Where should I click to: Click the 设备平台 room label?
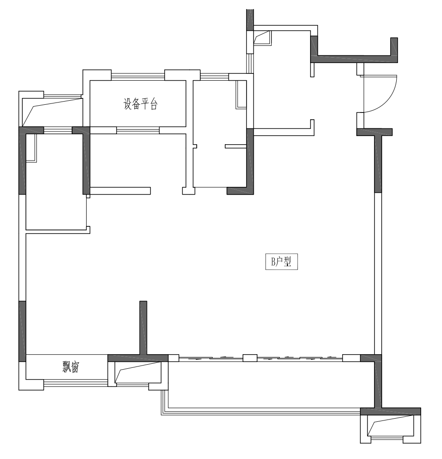tap(141, 103)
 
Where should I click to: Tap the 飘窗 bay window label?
tap(71, 367)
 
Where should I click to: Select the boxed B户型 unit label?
tap(282, 261)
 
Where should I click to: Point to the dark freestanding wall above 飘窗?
tap(143, 328)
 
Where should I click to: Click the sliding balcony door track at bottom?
tap(261, 358)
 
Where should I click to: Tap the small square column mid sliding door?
tap(250, 358)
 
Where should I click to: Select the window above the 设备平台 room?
tap(138, 77)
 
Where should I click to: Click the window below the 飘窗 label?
tap(75, 383)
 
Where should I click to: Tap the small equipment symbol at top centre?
tap(262, 38)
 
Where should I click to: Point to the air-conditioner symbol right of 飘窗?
tap(137, 372)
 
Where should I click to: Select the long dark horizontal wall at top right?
tap(354, 59)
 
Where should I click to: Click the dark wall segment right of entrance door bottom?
tap(374, 132)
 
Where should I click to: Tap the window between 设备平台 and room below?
tap(138, 130)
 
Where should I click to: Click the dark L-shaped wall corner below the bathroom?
tap(240, 191)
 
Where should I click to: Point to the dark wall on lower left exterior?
tap(22, 331)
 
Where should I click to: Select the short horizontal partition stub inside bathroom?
tap(235, 146)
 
